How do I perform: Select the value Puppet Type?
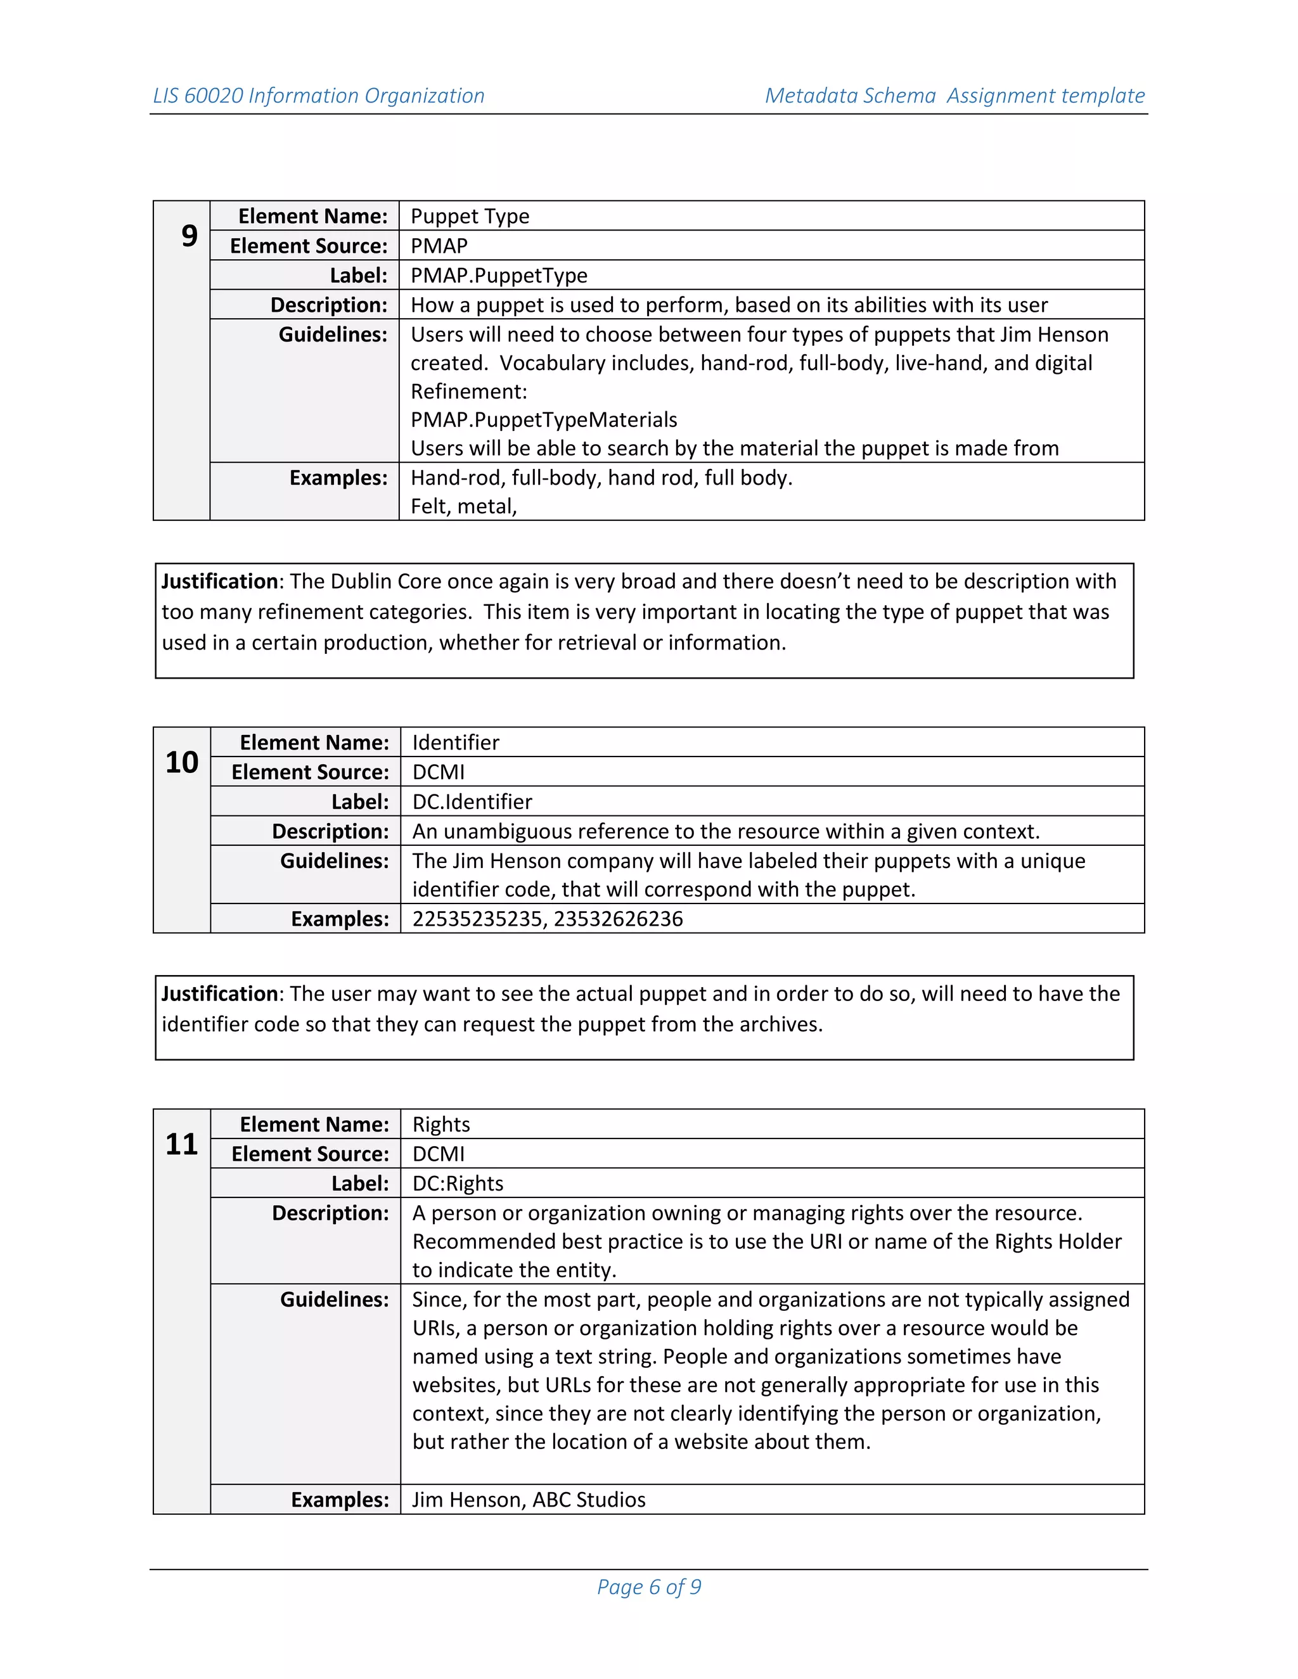click(469, 216)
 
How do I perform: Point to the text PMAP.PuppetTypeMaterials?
click(544, 419)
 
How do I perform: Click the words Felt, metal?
click(463, 507)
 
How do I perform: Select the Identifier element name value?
click(455, 743)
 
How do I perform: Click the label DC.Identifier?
click(472, 802)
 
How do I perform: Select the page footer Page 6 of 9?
click(649, 1586)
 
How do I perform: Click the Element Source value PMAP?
click(439, 246)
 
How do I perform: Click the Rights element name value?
click(440, 1125)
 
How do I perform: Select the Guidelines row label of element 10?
click(334, 861)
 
